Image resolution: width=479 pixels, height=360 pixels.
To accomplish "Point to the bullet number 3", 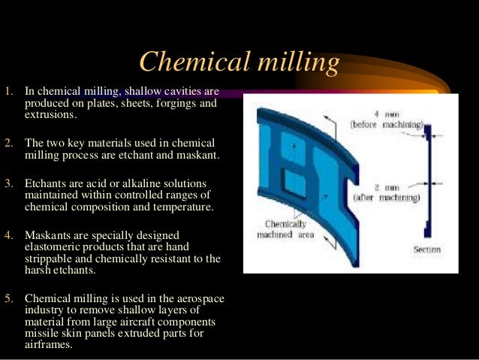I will [8, 183].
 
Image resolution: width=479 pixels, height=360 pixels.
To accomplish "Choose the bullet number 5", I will [8, 299].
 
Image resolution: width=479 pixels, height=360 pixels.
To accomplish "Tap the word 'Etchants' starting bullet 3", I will [46, 183].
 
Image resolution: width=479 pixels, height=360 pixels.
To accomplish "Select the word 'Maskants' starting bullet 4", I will [48, 235].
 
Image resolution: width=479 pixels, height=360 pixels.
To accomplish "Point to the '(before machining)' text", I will [387, 124].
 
